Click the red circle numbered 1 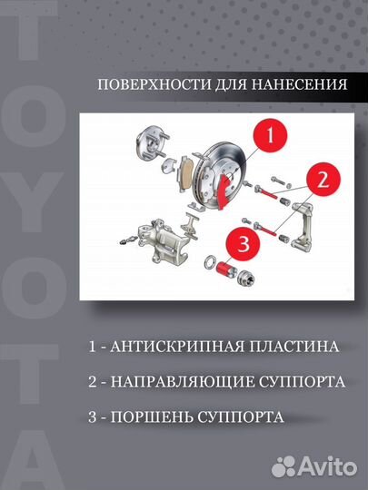[269, 139]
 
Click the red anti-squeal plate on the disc [223, 191]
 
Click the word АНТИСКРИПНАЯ [169, 347]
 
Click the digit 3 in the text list [93, 417]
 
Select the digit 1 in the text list [93, 347]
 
